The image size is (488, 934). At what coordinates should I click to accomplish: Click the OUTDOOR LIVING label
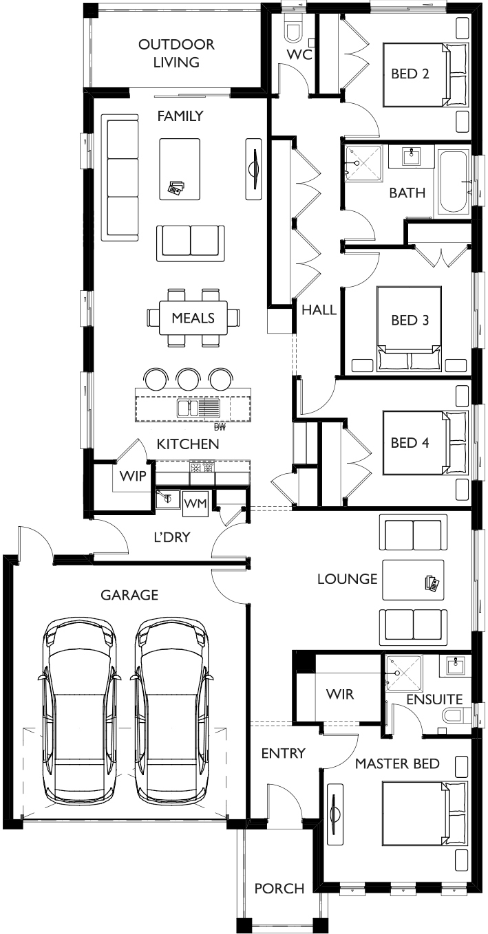[x=176, y=53]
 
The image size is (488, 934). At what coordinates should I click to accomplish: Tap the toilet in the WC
[x=293, y=28]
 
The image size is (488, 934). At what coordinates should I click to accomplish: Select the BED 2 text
[x=410, y=74]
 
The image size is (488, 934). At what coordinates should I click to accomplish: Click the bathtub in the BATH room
[x=454, y=182]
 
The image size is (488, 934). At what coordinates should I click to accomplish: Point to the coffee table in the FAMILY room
[x=180, y=169]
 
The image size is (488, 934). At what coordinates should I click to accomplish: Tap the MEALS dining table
[x=193, y=318]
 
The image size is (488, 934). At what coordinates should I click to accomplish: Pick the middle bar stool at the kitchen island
[x=187, y=378]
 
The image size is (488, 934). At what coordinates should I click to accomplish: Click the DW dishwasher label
[x=220, y=426]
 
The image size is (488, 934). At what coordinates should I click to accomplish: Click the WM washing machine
[x=195, y=503]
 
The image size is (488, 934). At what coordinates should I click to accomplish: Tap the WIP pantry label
[x=133, y=476]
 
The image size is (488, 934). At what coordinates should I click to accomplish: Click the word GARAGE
[x=129, y=595]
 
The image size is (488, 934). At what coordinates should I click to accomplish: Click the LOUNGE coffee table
[x=413, y=580]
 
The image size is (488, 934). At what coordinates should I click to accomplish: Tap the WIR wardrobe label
[x=340, y=694]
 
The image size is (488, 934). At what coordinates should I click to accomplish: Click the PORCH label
[x=279, y=889]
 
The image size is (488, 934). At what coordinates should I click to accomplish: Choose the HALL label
[x=319, y=309]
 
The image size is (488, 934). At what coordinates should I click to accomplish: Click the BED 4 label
[x=410, y=442]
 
